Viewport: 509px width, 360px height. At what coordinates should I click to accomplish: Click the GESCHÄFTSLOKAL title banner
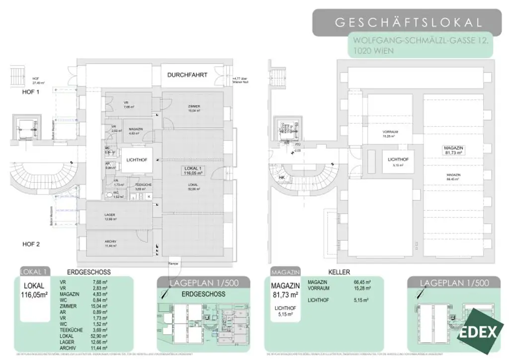pos(408,22)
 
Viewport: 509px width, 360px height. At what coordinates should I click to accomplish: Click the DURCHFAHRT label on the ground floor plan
pos(187,75)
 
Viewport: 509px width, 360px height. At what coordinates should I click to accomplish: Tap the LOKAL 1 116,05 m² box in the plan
pos(193,172)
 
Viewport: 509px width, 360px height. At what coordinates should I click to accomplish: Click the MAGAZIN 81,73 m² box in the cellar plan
pos(454,151)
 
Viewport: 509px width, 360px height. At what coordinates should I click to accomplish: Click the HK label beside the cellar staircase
pos(282,178)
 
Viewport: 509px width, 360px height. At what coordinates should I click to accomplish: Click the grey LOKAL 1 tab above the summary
pos(35,272)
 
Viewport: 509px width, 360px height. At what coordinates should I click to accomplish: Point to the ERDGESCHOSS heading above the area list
pos(88,272)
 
